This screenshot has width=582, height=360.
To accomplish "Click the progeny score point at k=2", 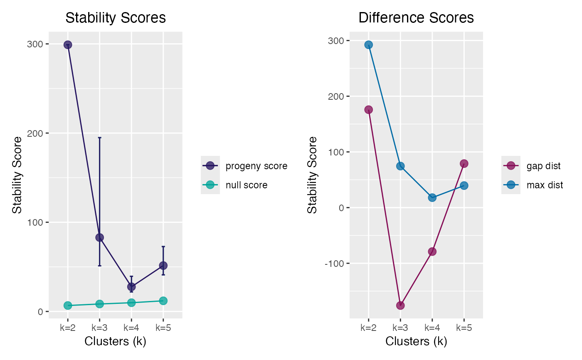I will click(68, 44).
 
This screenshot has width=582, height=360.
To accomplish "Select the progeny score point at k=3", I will click(99, 237).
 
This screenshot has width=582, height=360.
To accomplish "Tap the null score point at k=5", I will click(163, 301).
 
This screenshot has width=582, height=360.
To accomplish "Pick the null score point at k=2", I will click(68, 305).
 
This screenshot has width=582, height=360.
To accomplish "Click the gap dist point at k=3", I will click(400, 305).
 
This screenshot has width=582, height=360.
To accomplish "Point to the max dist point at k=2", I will click(368, 45).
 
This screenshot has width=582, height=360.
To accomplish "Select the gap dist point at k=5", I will click(464, 163).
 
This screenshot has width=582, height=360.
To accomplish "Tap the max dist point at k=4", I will click(432, 197).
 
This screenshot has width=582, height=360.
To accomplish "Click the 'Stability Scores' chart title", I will click(116, 18).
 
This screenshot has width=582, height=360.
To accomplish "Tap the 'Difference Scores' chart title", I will click(416, 18).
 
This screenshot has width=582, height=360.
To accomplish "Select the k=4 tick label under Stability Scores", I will click(131, 328).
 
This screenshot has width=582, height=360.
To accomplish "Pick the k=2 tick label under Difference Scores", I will click(368, 328).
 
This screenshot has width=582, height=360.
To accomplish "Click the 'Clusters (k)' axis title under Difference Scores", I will click(416, 341).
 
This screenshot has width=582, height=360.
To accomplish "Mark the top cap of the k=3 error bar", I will click(99, 137).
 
